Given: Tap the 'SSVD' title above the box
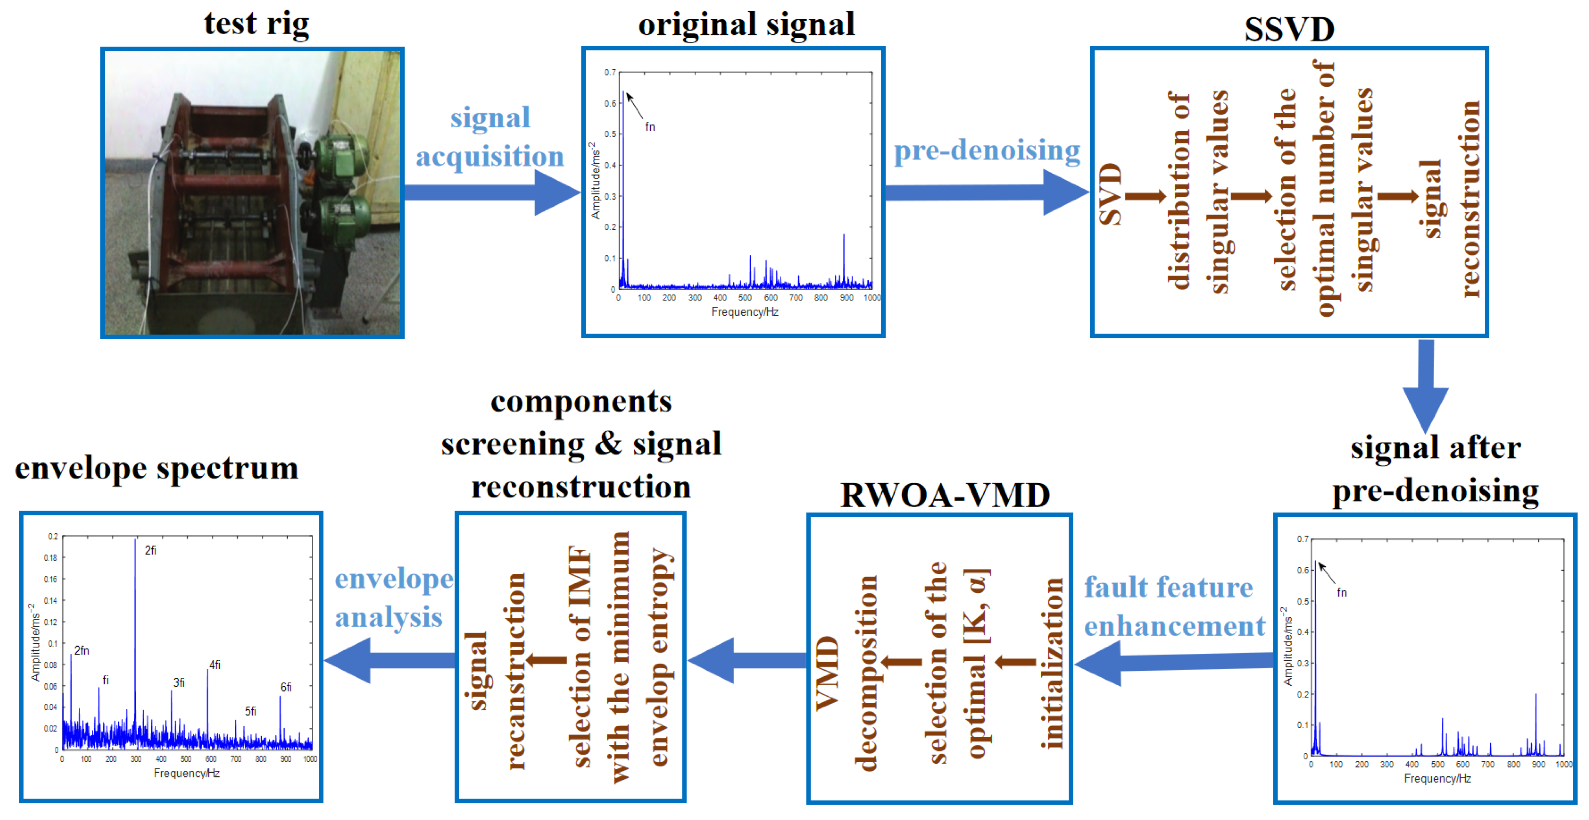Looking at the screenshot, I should point(1289,30).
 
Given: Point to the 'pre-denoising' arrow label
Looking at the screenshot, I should point(987,150).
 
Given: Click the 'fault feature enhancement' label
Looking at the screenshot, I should point(1174,607).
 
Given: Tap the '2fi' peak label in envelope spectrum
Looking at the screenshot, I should point(150,550).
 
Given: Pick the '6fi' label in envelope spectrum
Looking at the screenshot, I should point(286,687).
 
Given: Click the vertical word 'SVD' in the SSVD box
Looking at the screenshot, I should point(1111,194).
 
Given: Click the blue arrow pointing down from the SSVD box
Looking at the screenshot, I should point(1426,386).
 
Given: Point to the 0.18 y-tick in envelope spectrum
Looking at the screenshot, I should point(50,558).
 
